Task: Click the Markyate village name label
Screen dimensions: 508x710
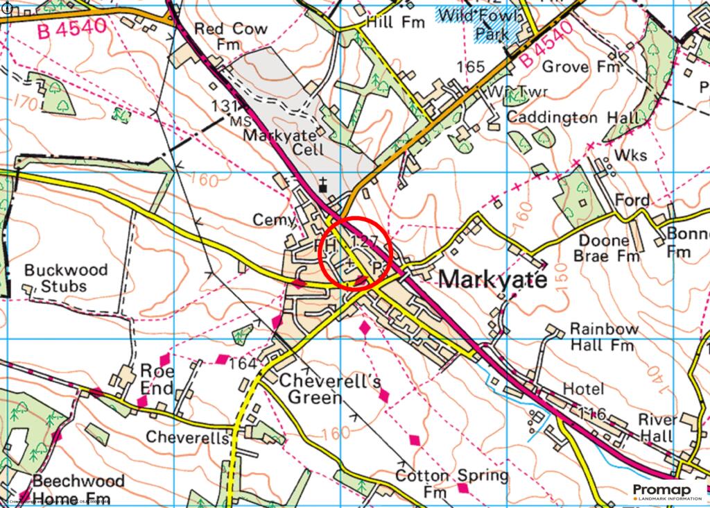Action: click(x=493, y=278)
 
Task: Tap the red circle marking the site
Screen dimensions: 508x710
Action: click(x=356, y=253)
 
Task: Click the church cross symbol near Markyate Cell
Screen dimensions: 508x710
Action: click(x=322, y=185)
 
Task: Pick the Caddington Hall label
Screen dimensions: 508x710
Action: click(x=573, y=117)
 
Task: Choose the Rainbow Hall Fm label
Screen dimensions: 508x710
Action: click(x=602, y=336)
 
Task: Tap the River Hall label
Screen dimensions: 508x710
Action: click(x=657, y=428)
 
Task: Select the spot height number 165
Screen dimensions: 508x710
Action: click(x=470, y=67)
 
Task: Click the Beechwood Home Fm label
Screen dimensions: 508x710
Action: click(x=78, y=489)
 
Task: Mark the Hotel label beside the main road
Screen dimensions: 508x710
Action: click(x=583, y=389)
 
